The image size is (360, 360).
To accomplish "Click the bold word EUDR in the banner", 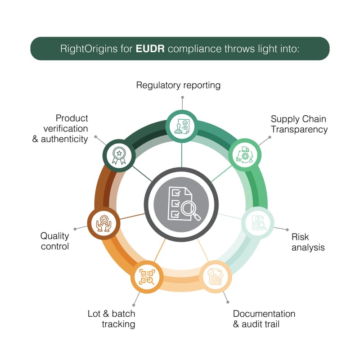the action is pyautogui.click(x=150, y=49).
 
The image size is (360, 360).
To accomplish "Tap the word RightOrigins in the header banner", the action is pyautogui.click(x=89, y=49).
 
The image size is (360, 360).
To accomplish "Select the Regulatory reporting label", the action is pyautogui.click(x=178, y=85).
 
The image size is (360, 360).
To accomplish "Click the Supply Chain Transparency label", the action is pyautogui.click(x=299, y=124).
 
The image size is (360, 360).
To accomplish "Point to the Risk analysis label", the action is pyautogui.click(x=308, y=242).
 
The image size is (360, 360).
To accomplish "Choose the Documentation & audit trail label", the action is pyautogui.click(x=264, y=319).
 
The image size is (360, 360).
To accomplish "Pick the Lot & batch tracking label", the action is pyautogui.click(x=111, y=319).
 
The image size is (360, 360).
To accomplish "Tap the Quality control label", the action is pyautogui.click(x=54, y=241).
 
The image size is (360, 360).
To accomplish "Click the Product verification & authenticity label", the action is pyautogui.click(x=60, y=129).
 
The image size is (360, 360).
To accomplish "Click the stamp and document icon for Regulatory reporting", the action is pyautogui.click(x=182, y=126).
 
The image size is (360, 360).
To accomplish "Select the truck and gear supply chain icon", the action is pyautogui.click(x=245, y=154).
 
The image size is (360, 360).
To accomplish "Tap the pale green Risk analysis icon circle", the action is pyautogui.click(x=257, y=223).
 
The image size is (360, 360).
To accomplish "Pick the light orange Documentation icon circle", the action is pyautogui.click(x=216, y=277).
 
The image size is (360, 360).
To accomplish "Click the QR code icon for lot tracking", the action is pyautogui.click(x=147, y=277).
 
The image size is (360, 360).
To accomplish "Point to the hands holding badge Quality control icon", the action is pyautogui.click(x=104, y=223).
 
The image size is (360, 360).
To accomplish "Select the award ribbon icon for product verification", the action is pyautogui.click(x=119, y=156).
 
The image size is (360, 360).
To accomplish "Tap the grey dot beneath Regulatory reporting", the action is pyautogui.click(x=183, y=97).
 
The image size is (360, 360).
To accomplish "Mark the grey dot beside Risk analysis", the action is pyautogui.click(x=287, y=229).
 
